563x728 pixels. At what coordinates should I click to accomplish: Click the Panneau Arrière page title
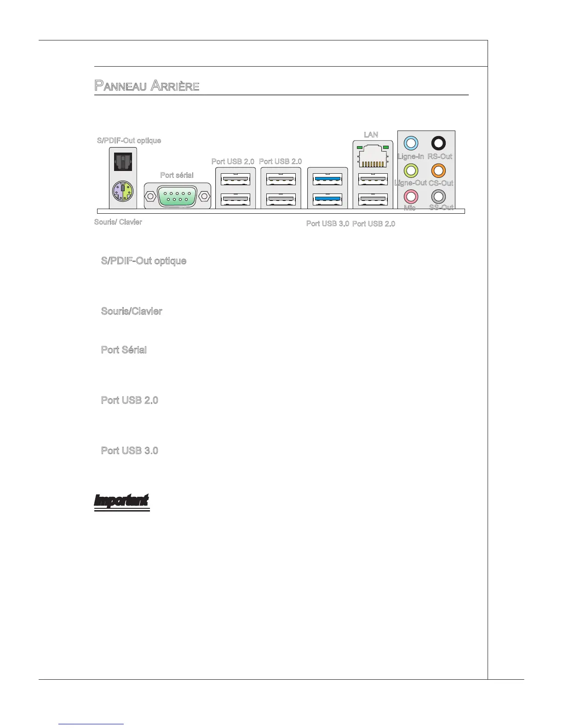tap(147, 85)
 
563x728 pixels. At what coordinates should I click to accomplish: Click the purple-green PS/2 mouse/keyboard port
tap(123, 190)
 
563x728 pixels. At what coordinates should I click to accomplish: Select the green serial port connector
tap(178, 196)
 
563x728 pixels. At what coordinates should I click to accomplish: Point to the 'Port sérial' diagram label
tap(177, 175)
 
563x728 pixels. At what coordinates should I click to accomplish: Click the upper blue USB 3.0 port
tap(327, 178)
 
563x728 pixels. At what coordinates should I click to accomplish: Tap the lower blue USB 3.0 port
tap(327, 199)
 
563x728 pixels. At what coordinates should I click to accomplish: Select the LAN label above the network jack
tap(371, 135)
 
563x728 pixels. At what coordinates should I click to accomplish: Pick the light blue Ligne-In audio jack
tap(410, 143)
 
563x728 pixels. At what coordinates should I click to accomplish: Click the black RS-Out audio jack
tap(438, 143)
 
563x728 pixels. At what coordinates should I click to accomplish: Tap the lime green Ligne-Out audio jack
tap(410, 171)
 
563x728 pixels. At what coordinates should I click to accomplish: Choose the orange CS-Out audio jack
tap(438, 171)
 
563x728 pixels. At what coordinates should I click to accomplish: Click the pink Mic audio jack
tap(410, 197)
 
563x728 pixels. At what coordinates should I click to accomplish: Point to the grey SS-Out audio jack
tap(438, 197)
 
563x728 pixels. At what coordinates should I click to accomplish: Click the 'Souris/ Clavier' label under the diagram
tap(118, 222)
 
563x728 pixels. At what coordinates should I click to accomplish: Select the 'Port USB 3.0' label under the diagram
tap(327, 224)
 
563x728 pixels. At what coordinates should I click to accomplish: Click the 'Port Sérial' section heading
tap(124, 350)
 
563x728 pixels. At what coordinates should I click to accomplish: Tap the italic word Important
tap(121, 500)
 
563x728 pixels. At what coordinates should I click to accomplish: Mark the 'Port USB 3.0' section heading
tap(129, 450)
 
